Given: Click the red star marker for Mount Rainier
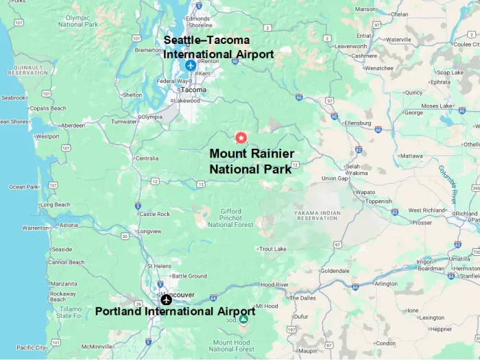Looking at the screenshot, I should coord(241,137).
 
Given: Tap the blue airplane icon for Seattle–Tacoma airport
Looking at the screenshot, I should coord(190,66).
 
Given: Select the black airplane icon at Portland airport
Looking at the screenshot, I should coord(166,300).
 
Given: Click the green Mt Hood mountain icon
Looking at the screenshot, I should coord(243,319).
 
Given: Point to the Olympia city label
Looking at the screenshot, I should coord(151,117).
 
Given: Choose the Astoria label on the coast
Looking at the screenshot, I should coord(69,225).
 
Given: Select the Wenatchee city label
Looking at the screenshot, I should coord(379,69).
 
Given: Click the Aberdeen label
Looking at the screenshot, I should coord(73,125).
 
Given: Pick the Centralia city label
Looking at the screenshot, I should coord(147,158).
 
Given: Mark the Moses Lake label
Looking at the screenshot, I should coord(437,106).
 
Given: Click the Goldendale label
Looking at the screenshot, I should coord(335,271).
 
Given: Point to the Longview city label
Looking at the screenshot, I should coord(149,231).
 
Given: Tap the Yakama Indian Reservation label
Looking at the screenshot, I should coord(317,215).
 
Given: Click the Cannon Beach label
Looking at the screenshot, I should coord(67,263).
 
